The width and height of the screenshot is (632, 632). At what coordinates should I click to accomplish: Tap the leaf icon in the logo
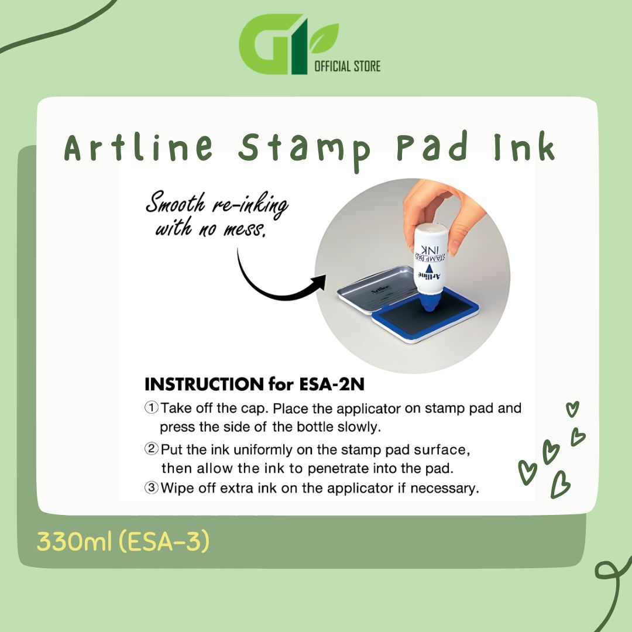click(x=324, y=38)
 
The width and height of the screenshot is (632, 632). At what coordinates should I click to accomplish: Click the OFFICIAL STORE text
click(x=347, y=66)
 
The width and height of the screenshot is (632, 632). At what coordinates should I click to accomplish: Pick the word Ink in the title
click(x=525, y=146)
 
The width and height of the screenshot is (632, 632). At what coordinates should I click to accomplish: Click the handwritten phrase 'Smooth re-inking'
click(x=217, y=204)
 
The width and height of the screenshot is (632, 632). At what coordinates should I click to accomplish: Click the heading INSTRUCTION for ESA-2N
click(x=255, y=384)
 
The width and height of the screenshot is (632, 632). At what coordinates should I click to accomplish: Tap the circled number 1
click(x=151, y=407)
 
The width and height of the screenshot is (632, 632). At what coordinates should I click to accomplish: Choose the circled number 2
click(x=151, y=448)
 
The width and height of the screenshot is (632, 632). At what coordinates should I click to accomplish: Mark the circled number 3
click(x=151, y=487)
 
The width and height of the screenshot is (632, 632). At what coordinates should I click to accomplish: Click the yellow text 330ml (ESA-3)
click(x=123, y=541)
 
